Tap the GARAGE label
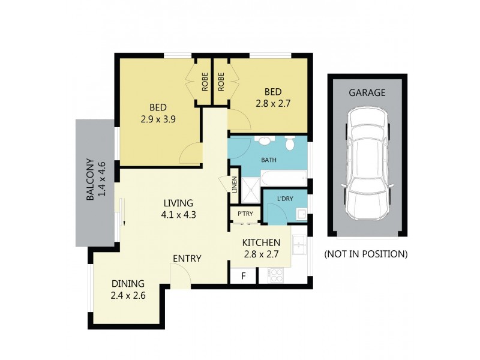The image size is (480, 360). point(367,93)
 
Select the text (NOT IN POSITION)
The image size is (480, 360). point(366,254)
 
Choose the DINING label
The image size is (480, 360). point(128,284)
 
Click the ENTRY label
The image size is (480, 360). point(187,259)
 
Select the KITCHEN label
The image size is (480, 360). point(261,243)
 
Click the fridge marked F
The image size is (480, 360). point(243,277)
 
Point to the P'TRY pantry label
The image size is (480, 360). point(244,214)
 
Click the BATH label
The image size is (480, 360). point(268,161)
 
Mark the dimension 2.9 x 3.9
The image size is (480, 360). point(158,119)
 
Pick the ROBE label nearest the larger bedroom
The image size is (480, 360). point(205,82)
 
